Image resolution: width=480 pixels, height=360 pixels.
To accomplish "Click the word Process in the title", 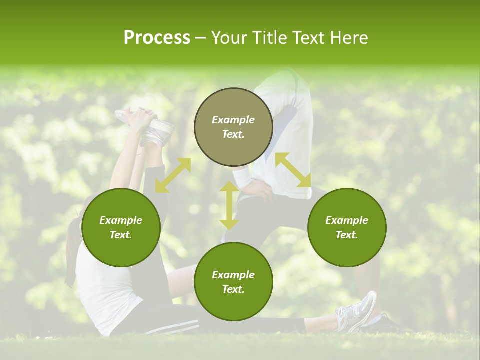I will [x=157, y=38].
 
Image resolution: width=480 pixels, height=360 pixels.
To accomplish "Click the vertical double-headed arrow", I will [x=229, y=205].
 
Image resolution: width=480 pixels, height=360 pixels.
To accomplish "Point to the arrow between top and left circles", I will [x=173, y=175].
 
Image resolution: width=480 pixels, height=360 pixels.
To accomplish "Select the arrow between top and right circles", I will [x=293, y=170].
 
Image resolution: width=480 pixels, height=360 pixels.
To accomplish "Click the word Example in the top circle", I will [x=233, y=120].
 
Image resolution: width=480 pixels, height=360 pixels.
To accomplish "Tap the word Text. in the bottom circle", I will [x=233, y=289].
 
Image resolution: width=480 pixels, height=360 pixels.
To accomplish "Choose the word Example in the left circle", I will [x=121, y=220].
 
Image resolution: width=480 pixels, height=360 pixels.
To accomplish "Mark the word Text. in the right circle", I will [x=347, y=235].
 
